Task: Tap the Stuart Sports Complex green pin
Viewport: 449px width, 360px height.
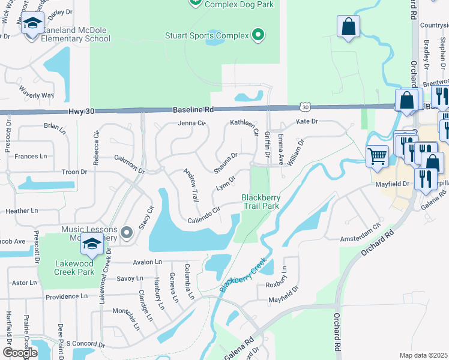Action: pos(258,35)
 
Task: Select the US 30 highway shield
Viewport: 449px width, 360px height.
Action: pos(306,107)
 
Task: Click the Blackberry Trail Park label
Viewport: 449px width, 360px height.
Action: pos(261,201)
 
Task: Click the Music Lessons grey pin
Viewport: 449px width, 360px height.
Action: pos(127,232)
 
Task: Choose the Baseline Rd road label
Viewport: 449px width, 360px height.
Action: pos(193,110)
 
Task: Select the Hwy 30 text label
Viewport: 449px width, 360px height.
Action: pos(82,112)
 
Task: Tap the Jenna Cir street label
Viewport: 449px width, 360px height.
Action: pos(191,124)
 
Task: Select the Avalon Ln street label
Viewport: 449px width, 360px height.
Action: pos(148,262)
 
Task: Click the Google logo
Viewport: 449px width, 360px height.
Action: pos(19,353)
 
